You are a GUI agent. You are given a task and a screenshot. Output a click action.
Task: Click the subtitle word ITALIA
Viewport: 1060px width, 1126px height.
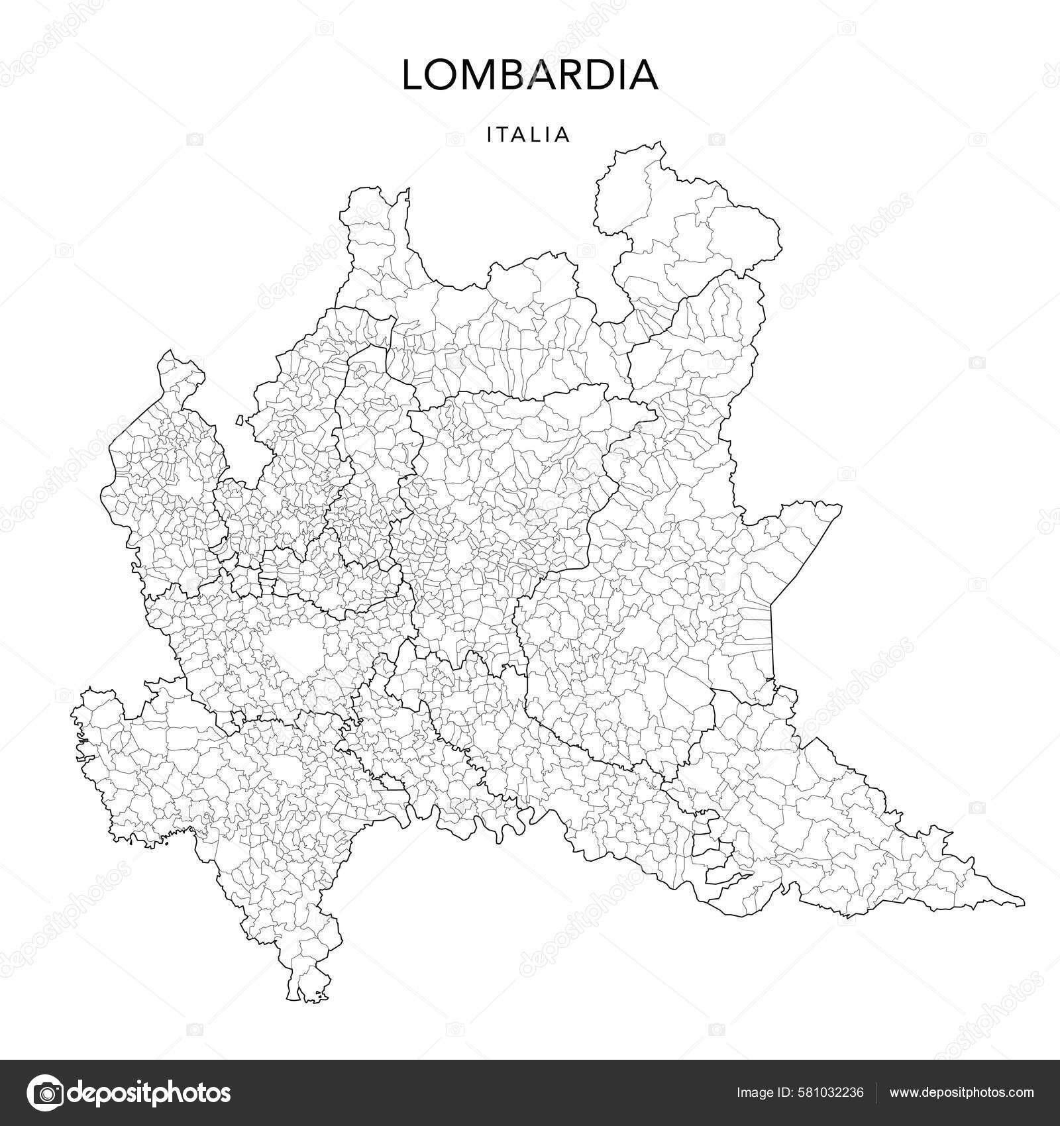tap(528, 135)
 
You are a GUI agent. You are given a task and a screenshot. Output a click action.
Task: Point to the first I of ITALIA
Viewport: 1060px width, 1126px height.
tap(490, 135)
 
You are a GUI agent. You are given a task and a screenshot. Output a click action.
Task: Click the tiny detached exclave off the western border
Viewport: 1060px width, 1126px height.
tap(240, 420)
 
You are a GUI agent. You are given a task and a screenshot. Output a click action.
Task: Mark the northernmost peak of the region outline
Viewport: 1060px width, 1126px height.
tap(659, 142)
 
